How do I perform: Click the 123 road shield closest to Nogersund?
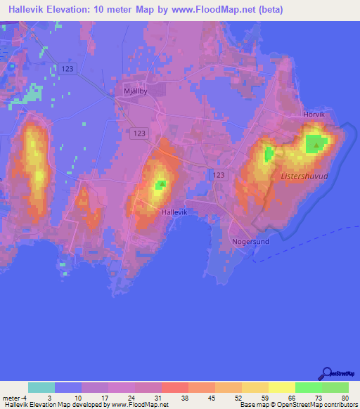[x=220, y=174]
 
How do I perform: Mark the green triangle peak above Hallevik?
[x=161, y=185]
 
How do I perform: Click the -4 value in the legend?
[x=23, y=398]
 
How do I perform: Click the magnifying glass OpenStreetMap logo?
[x=326, y=372]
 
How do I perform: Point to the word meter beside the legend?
[x=10, y=398]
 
